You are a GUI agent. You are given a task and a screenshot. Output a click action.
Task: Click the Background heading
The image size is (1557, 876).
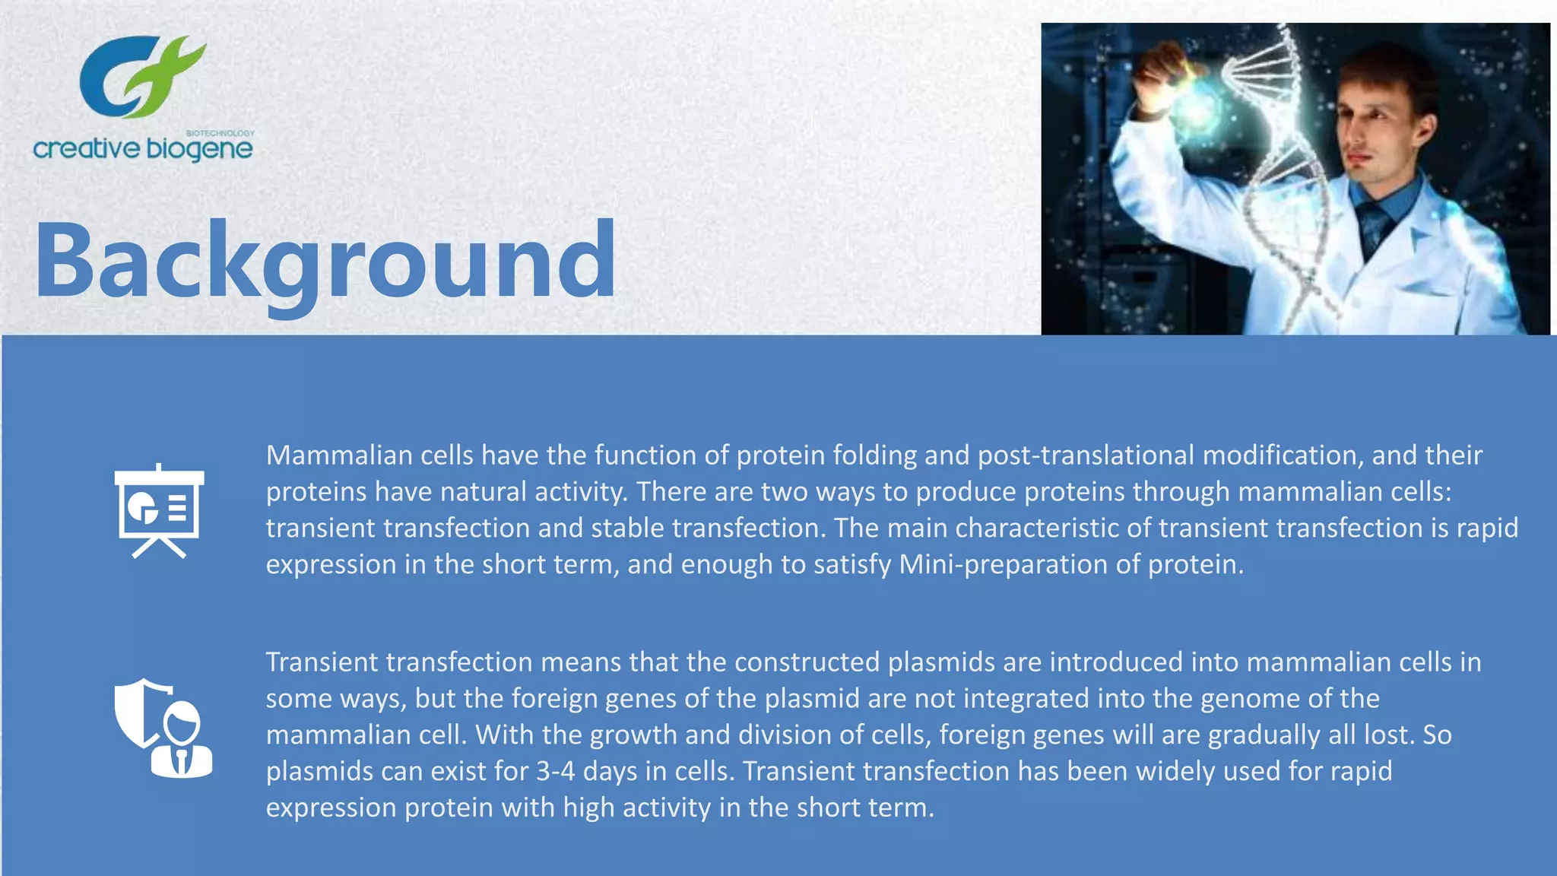point(325,260)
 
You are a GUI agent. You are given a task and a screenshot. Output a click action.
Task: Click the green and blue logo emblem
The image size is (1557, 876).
point(143,76)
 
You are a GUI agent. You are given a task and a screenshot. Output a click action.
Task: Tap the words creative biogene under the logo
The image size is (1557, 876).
point(143,148)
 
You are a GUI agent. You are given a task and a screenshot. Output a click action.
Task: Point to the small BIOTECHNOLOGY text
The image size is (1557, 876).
point(220,133)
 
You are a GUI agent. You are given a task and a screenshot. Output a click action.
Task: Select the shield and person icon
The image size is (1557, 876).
point(163,728)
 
